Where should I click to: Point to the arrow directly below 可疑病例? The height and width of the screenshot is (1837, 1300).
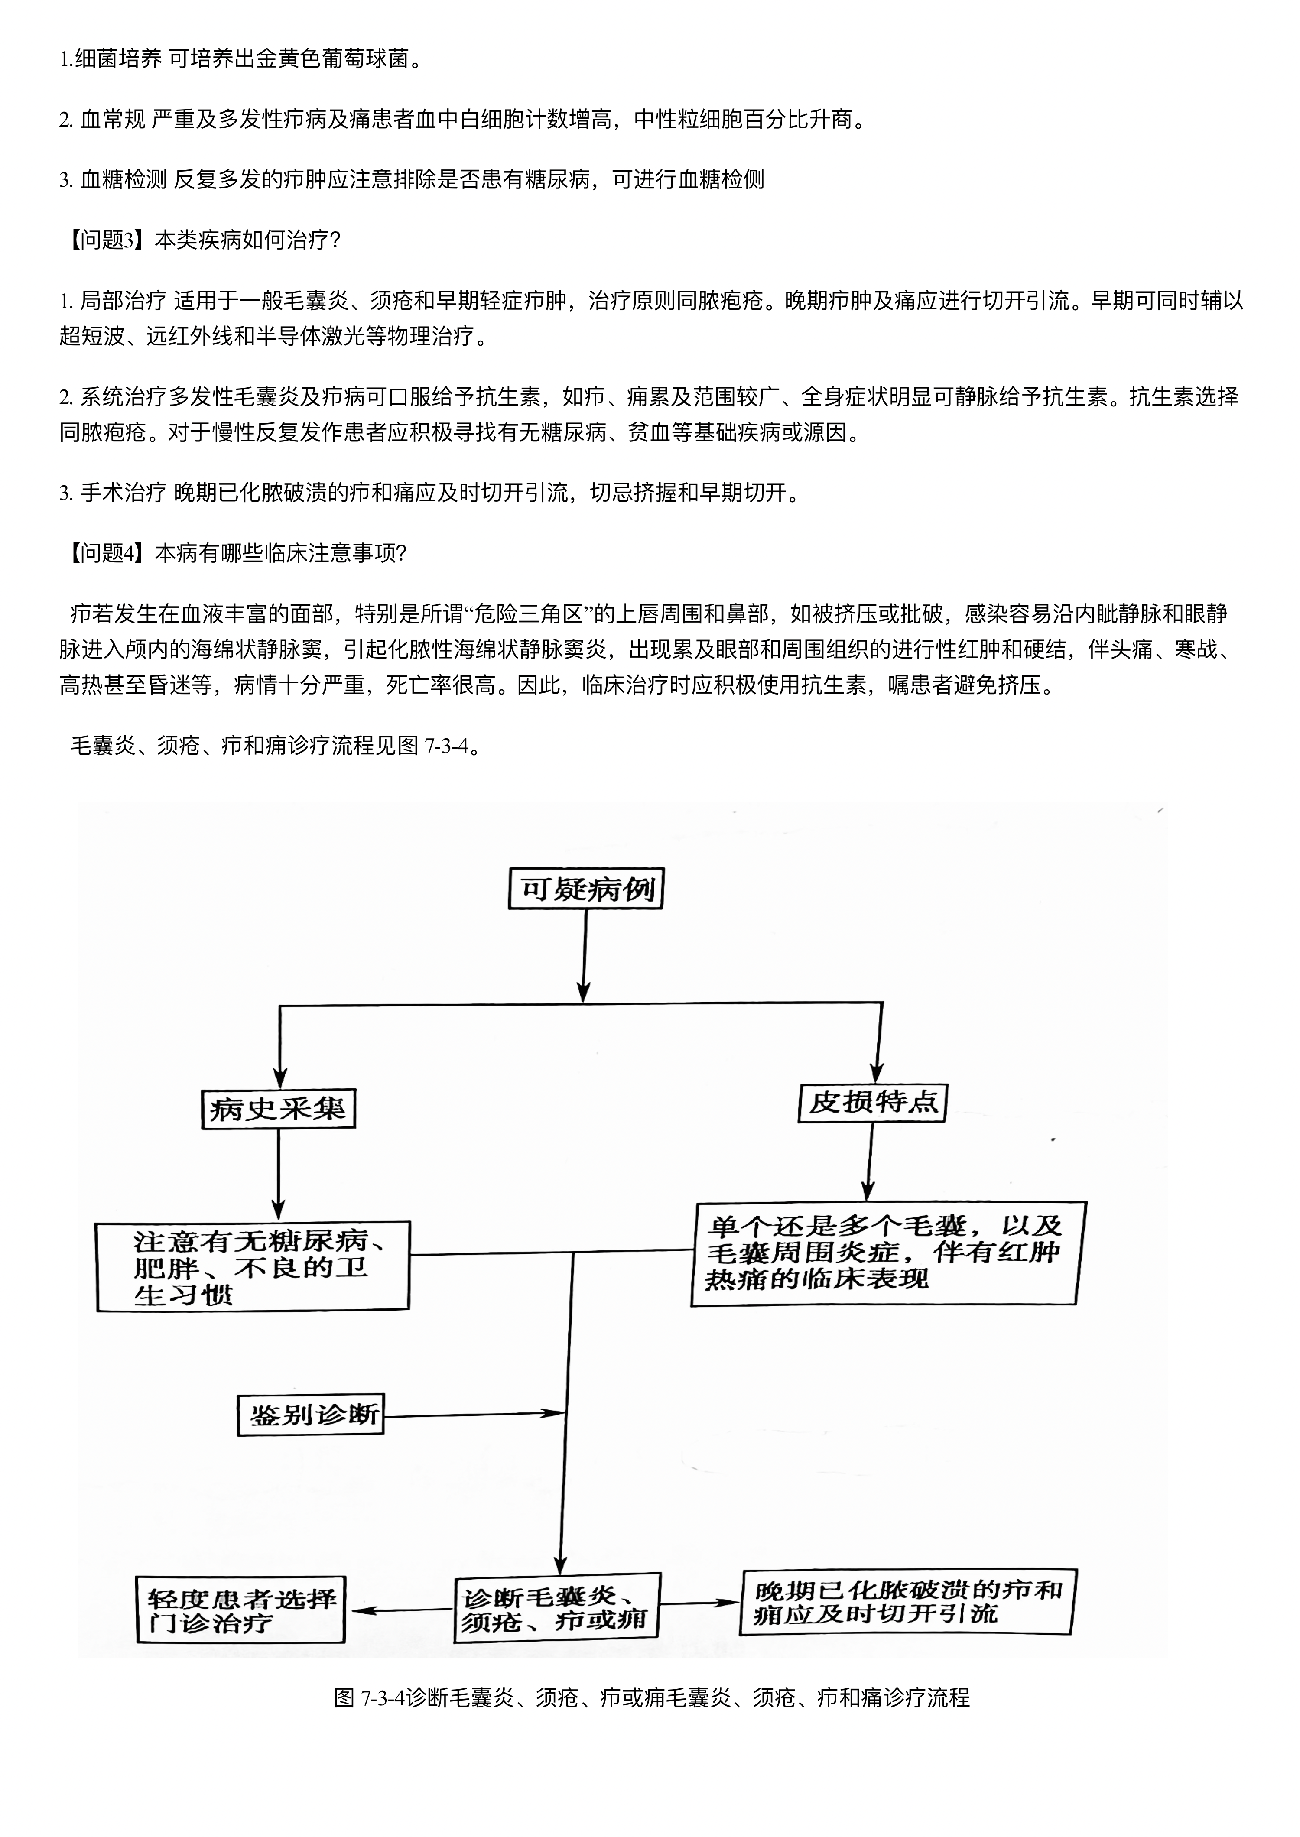[x=585, y=955]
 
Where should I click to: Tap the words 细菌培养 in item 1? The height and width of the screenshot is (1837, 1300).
[x=118, y=58]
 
